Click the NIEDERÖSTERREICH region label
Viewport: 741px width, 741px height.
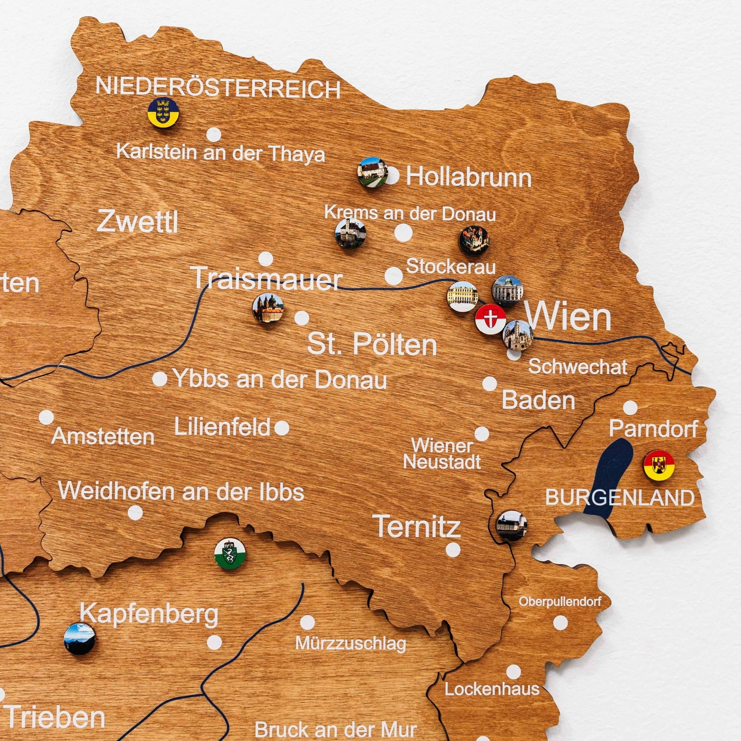coord(218,87)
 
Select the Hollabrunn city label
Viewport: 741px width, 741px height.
coord(469,177)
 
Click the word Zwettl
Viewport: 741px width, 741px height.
coord(137,222)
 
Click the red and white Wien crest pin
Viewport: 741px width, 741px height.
coord(490,319)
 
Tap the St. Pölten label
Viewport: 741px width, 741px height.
coord(372,345)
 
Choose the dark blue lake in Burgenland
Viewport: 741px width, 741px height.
coord(608,478)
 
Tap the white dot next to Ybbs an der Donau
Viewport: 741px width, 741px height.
coord(160,379)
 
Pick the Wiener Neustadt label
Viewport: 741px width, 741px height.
coord(442,454)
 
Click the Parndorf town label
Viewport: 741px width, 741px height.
coord(653,428)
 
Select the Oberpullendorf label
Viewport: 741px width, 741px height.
coord(560,601)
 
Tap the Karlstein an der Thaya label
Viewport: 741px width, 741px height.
coord(220,153)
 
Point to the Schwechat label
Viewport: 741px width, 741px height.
coord(578,367)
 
